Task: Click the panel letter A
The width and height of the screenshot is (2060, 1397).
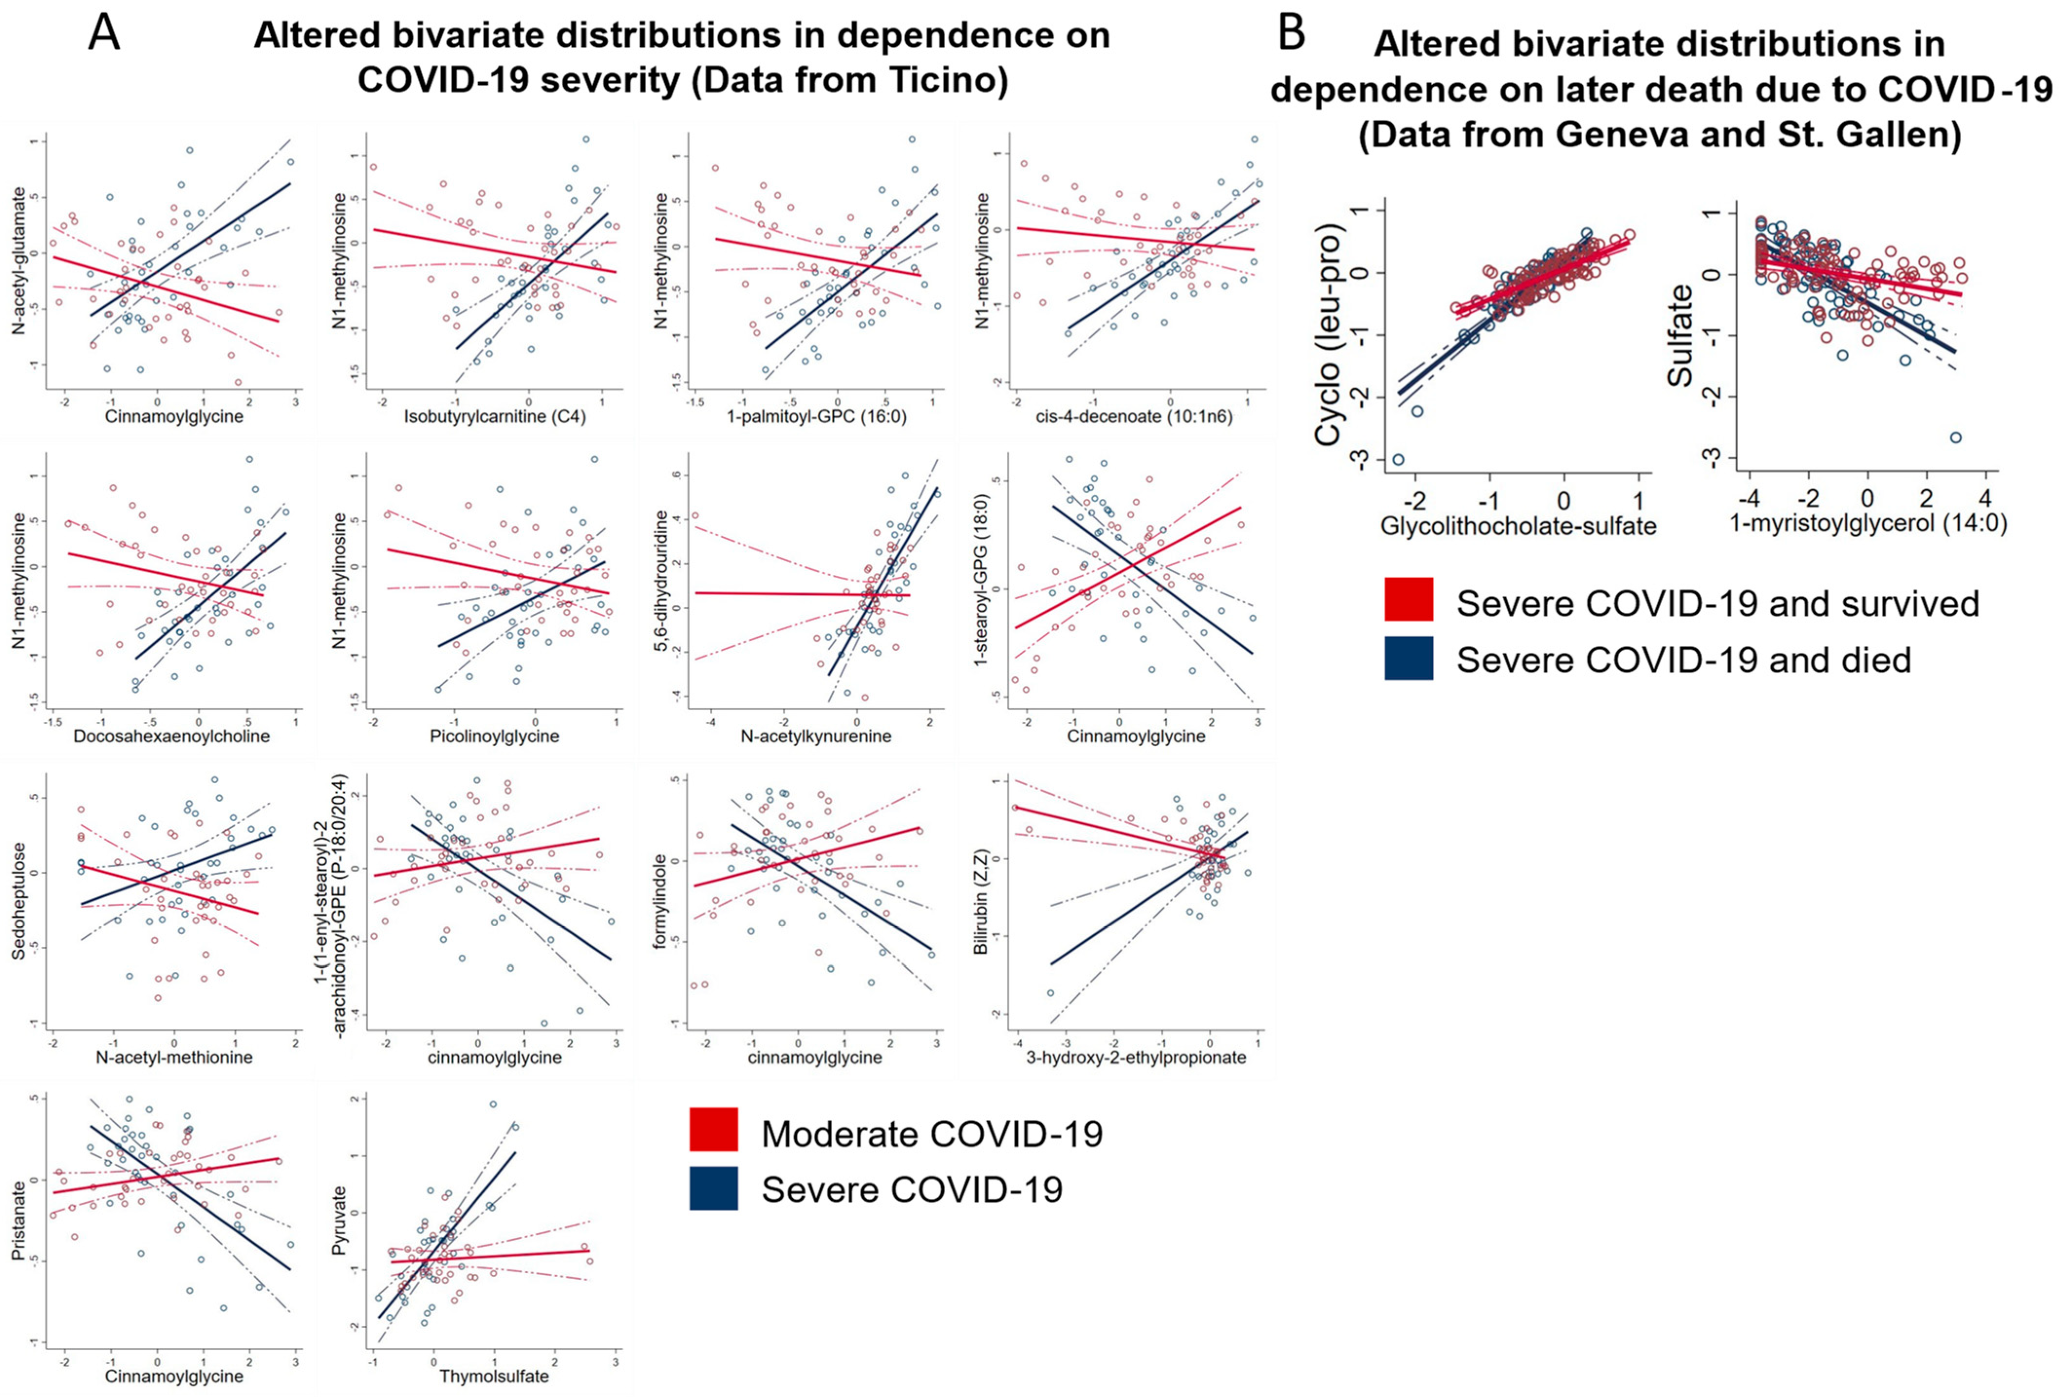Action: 105,36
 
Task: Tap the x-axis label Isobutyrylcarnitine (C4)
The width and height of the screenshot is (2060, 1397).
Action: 495,415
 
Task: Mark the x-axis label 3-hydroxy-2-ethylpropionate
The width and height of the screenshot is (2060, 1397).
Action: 1136,1057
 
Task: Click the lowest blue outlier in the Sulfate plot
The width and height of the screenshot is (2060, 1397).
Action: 1948,437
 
